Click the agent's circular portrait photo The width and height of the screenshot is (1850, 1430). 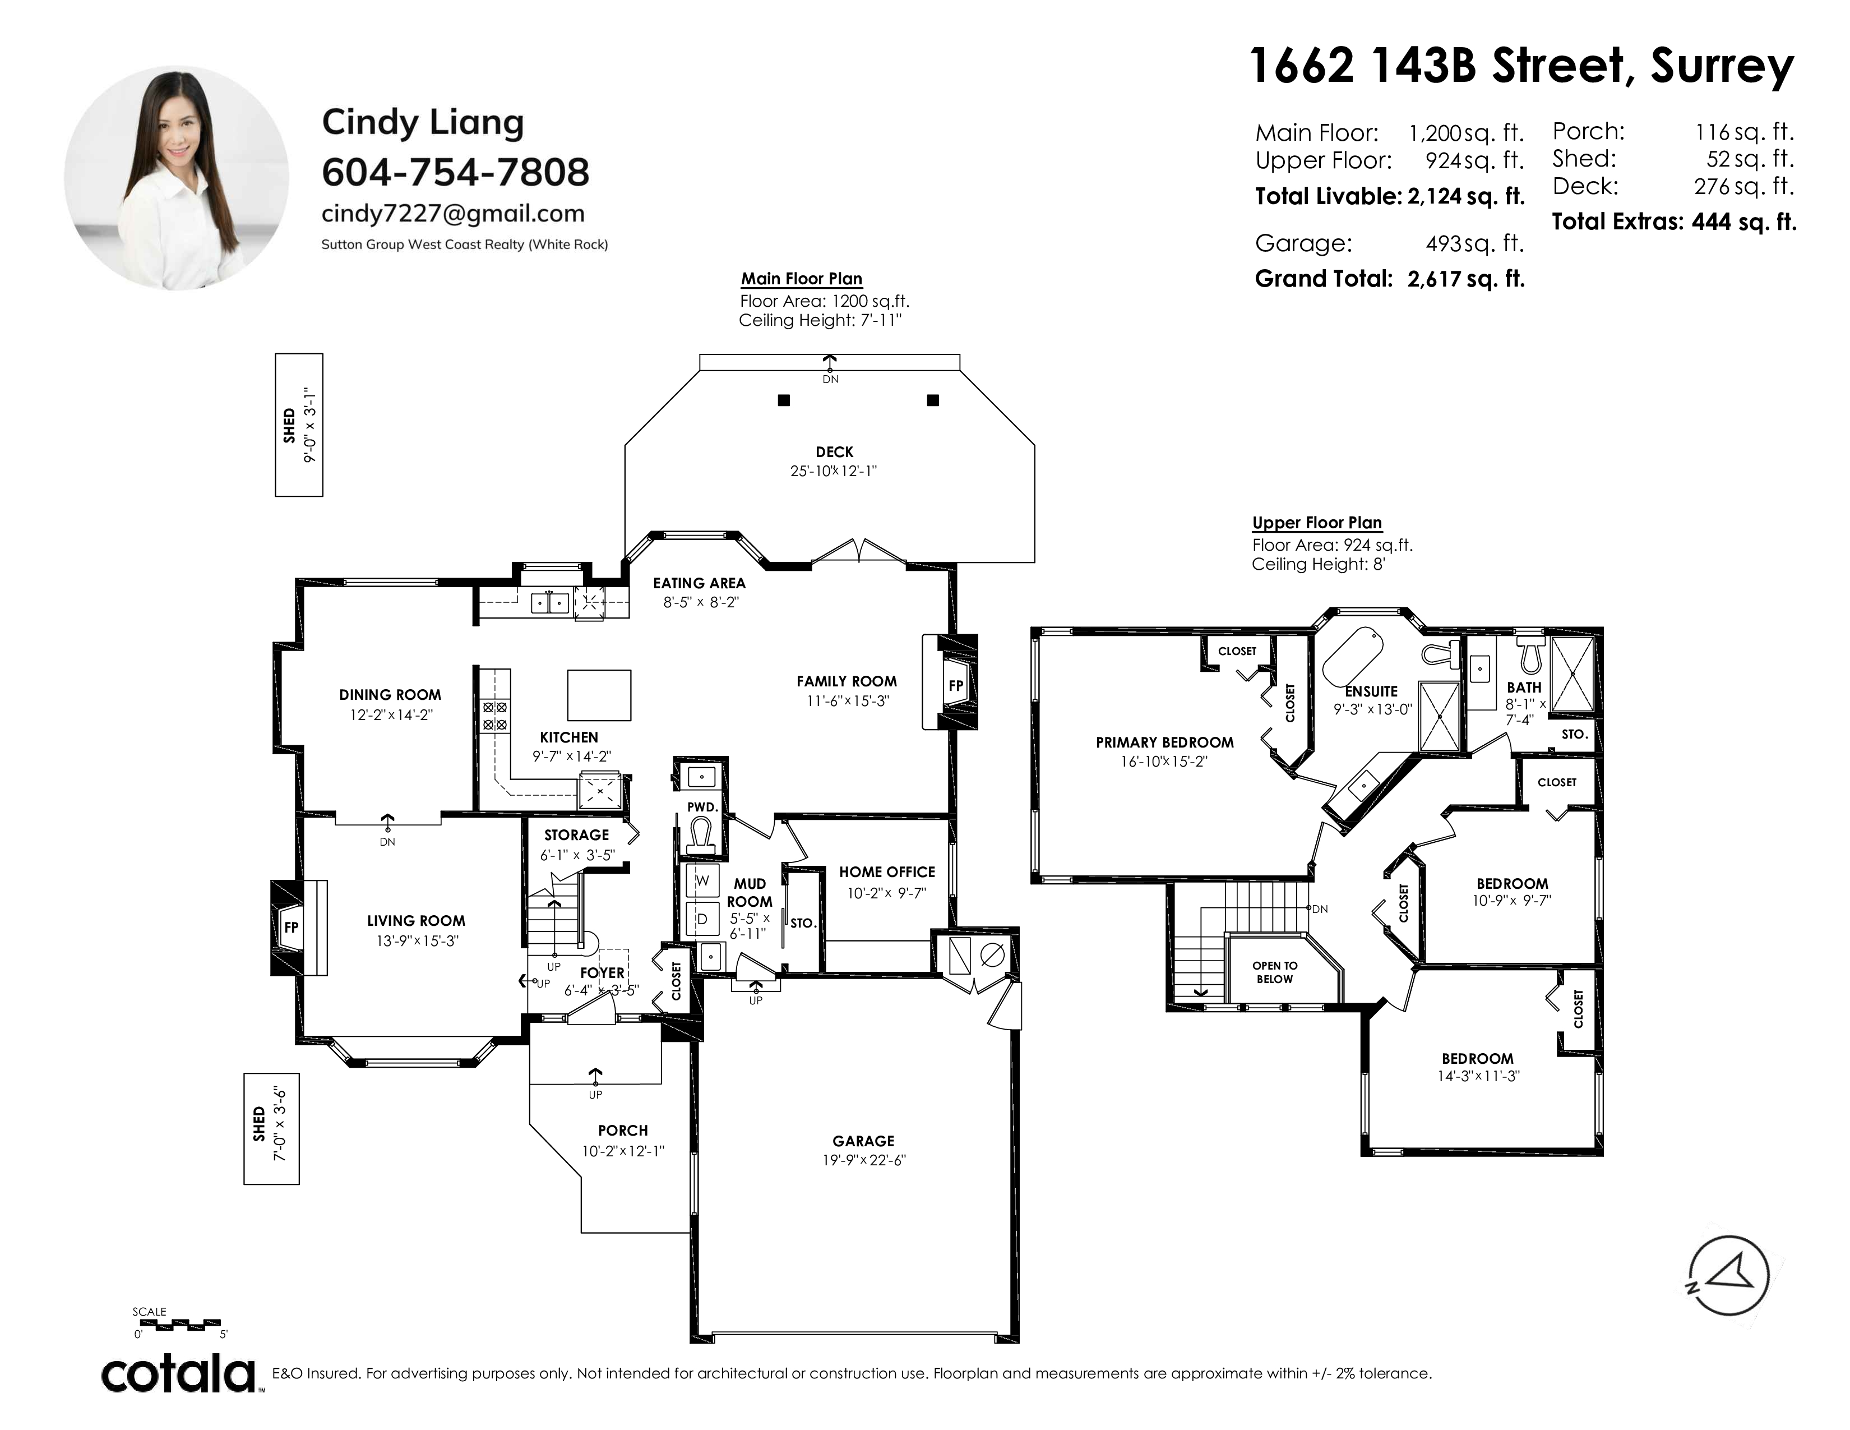pyautogui.click(x=176, y=178)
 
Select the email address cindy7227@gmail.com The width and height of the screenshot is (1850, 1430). pyautogui.click(x=453, y=214)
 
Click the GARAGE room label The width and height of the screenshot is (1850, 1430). pyautogui.click(x=863, y=1141)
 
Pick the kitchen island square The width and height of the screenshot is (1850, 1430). pyautogui.click(x=599, y=695)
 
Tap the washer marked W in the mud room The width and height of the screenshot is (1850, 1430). pyautogui.click(x=702, y=881)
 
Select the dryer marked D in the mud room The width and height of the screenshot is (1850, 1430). pyautogui.click(x=702, y=919)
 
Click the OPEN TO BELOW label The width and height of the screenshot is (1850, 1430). pyautogui.click(x=1275, y=972)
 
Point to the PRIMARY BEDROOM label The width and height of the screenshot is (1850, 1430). pyautogui.click(x=1165, y=742)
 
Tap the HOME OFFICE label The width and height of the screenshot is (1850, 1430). pyautogui.click(x=887, y=871)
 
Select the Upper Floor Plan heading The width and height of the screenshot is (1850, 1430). pyautogui.click(x=1317, y=523)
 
